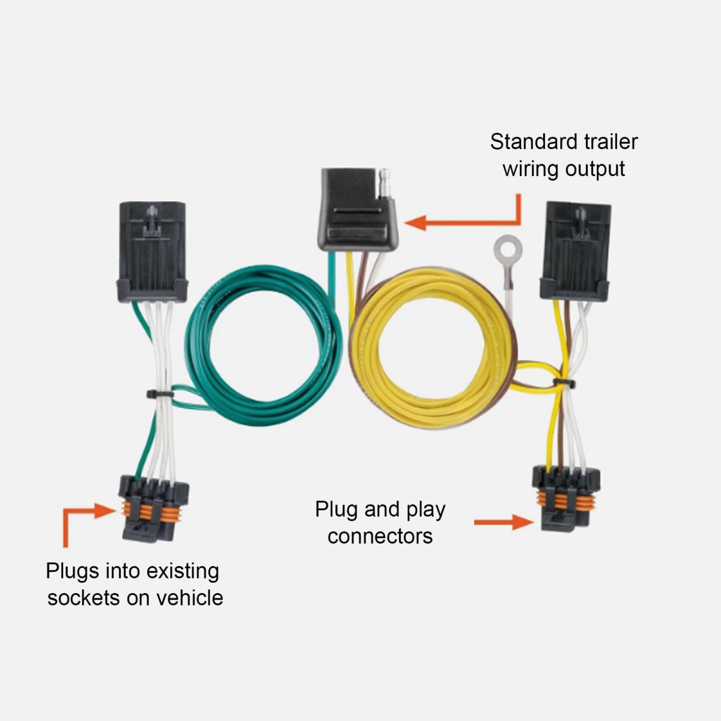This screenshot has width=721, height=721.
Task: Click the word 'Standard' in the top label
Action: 526,142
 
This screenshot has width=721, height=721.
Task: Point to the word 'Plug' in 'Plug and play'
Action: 337,510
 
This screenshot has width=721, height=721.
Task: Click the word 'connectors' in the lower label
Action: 380,535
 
